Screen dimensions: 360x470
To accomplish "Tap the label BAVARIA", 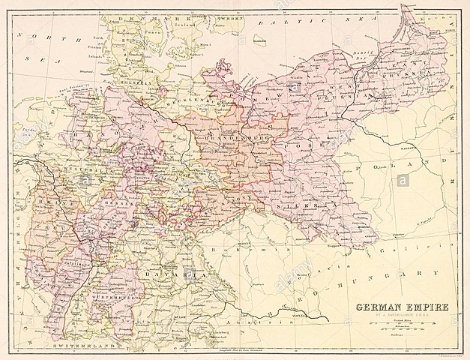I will click(180, 276).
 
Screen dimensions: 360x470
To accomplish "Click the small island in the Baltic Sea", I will click(259, 40).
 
